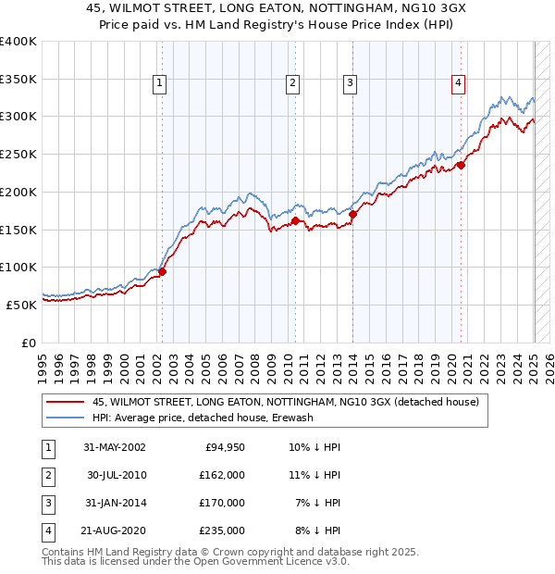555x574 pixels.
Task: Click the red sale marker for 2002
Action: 162,272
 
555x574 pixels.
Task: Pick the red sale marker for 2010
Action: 295,221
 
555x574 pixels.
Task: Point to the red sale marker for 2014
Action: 352,215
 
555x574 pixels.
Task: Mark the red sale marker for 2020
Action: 461,167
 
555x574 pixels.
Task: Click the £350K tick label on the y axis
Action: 18,80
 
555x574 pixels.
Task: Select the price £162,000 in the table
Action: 222,475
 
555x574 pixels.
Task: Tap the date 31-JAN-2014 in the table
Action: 115,503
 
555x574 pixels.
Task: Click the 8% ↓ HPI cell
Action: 318,530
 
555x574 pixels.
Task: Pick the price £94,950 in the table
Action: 223,447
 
